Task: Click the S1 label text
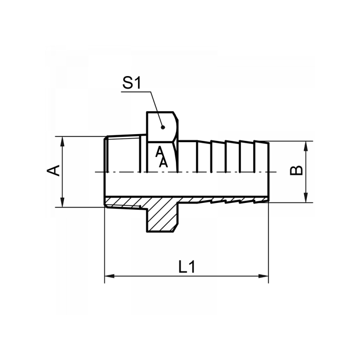[x=132, y=84]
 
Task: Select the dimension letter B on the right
[x=296, y=171]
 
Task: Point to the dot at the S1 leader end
[x=162, y=127]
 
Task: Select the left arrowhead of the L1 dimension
[x=108, y=275]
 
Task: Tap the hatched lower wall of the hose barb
[x=225, y=200]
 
